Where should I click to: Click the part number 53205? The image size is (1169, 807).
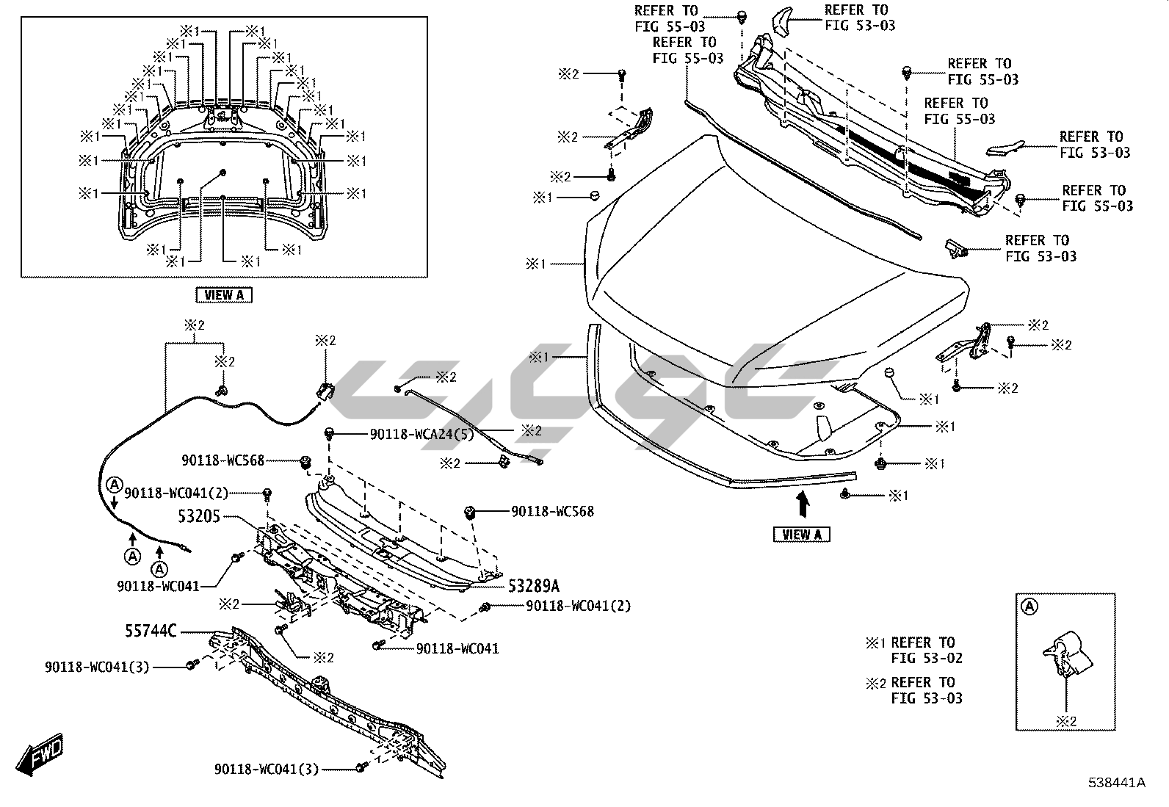(x=199, y=516)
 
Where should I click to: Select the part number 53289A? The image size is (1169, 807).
(x=533, y=585)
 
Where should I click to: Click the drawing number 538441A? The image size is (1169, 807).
(x=1117, y=783)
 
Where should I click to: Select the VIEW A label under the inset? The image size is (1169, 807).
(x=224, y=294)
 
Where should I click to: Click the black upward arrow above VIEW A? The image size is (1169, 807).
(x=803, y=504)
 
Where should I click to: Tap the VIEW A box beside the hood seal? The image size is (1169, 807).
(x=802, y=534)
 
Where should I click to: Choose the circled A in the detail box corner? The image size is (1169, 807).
(x=1030, y=606)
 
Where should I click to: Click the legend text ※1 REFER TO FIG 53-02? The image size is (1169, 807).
(x=915, y=651)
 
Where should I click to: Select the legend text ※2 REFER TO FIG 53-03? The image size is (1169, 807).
(x=915, y=690)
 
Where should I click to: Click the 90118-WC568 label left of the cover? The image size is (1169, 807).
(x=222, y=460)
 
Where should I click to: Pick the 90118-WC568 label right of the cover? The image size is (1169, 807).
(x=552, y=511)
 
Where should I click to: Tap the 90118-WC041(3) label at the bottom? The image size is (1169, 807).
(x=267, y=769)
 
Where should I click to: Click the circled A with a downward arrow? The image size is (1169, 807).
(x=114, y=485)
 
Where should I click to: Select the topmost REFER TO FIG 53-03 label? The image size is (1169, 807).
(x=860, y=18)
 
